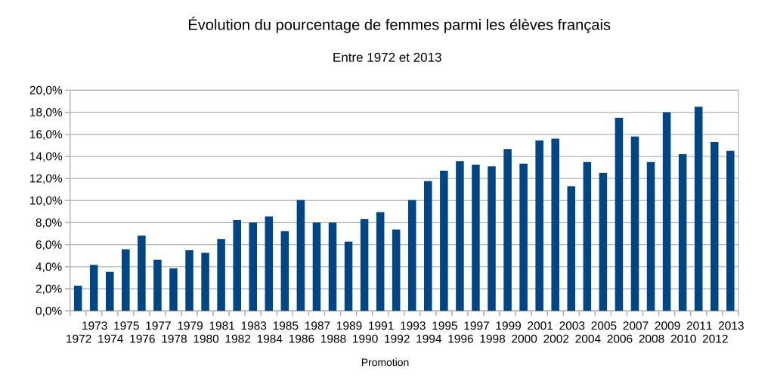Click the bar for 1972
click(x=78, y=299)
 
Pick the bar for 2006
click(x=619, y=215)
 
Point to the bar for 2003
click(x=571, y=249)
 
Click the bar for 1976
click(x=141, y=274)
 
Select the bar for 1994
click(x=428, y=246)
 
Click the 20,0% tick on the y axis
click(x=46, y=91)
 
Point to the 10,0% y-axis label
click(x=46, y=201)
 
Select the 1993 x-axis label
click(x=413, y=326)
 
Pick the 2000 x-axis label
click(x=524, y=339)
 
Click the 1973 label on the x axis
click(x=94, y=326)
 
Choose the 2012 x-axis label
click(x=715, y=339)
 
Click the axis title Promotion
click(x=385, y=363)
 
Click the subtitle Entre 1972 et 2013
click(x=386, y=57)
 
